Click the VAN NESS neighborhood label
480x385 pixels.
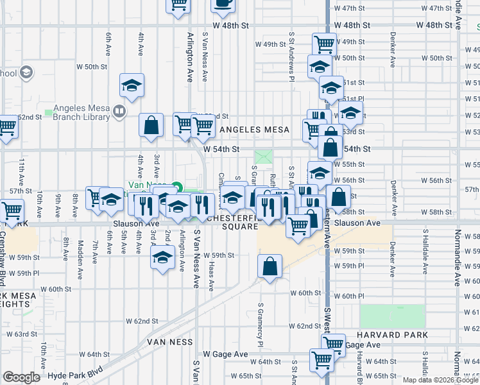tap(170, 342)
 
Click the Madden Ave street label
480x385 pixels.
tap(81, 256)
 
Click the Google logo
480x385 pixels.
tap(21, 377)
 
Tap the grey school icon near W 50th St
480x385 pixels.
tap(26, 73)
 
